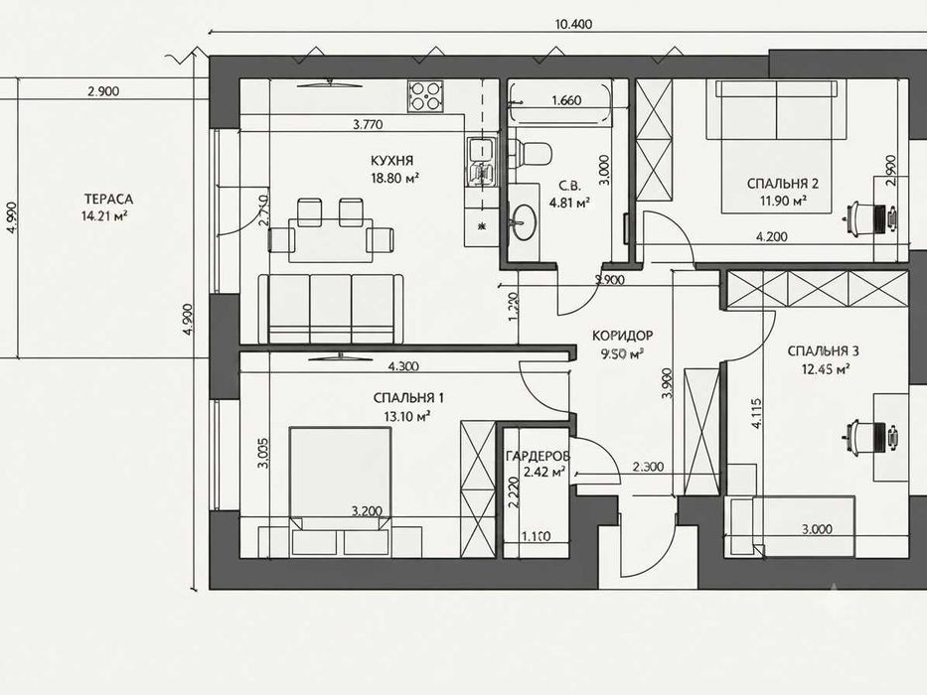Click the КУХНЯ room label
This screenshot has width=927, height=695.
(x=392, y=160)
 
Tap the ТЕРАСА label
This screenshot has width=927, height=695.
(x=108, y=200)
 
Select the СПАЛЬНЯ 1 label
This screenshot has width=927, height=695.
(x=408, y=398)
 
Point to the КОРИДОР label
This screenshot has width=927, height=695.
(x=623, y=336)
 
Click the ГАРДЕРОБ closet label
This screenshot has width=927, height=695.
(x=538, y=456)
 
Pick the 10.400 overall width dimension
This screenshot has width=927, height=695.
(x=573, y=24)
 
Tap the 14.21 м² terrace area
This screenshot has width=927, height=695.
(x=105, y=215)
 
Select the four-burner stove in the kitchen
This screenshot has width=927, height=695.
(x=425, y=95)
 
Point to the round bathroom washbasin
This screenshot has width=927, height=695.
(x=524, y=222)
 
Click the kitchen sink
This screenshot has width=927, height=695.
(x=483, y=161)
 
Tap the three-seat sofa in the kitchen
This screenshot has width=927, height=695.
(x=331, y=309)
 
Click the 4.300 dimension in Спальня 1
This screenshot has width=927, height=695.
(x=403, y=366)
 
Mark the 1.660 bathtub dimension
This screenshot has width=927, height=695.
(x=566, y=100)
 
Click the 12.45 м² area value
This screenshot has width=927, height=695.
(x=826, y=369)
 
